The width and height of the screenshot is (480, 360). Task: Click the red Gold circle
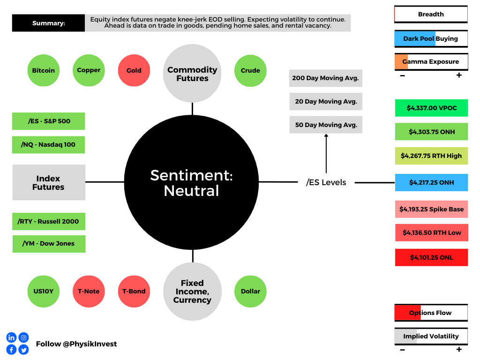click(x=134, y=70)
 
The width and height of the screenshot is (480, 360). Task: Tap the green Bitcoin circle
click(x=44, y=70)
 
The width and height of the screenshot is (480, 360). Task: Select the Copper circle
click(x=89, y=70)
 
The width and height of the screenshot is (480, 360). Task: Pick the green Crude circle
click(x=250, y=71)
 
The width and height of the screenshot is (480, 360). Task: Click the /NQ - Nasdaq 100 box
click(x=48, y=145)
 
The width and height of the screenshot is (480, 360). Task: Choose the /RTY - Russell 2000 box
click(x=49, y=221)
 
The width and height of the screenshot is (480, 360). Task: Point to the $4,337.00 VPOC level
click(x=431, y=108)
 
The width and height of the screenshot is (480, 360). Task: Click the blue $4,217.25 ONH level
click(x=431, y=182)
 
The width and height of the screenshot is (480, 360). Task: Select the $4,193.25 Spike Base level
click(x=431, y=210)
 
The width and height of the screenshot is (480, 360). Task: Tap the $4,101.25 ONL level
click(x=431, y=257)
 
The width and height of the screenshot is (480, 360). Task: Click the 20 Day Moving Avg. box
click(x=326, y=102)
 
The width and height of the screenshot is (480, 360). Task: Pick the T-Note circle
click(x=89, y=292)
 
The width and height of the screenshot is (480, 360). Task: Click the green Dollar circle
click(x=250, y=292)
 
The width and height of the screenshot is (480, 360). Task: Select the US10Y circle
click(x=44, y=292)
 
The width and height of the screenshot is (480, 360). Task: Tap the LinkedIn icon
click(x=11, y=337)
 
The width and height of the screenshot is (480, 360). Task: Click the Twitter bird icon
click(x=23, y=350)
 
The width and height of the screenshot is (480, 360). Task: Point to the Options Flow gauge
click(x=431, y=313)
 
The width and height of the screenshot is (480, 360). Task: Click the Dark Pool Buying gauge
click(x=431, y=39)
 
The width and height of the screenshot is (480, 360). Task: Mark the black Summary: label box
click(x=48, y=23)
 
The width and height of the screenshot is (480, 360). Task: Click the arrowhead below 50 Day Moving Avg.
click(x=326, y=135)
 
